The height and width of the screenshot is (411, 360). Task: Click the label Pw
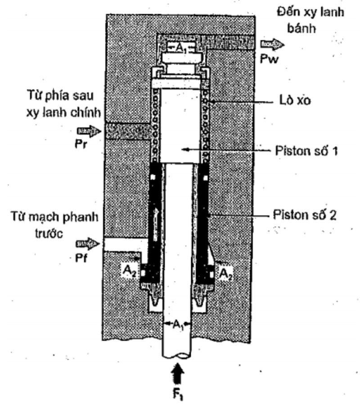tap(269, 59)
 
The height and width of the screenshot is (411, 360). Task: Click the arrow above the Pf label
tap(87, 244)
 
